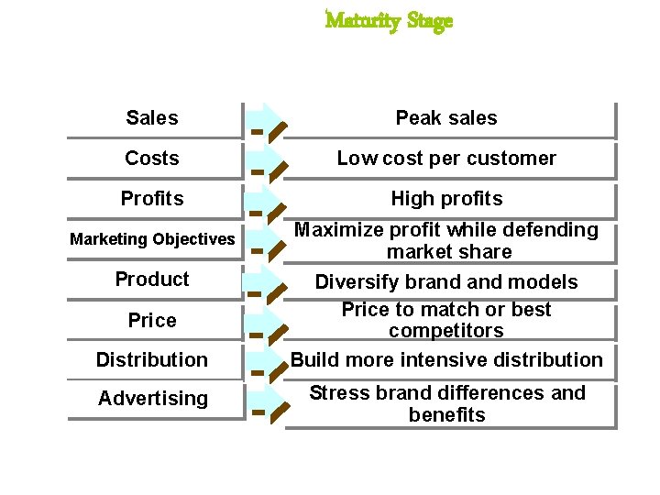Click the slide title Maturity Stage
pyautogui.click(x=389, y=20)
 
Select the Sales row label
pyautogui.click(x=152, y=118)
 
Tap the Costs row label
pyautogui.click(x=152, y=159)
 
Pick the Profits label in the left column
pyautogui.click(x=152, y=199)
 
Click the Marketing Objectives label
pyautogui.click(x=152, y=239)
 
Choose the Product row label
pyautogui.click(x=152, y=280)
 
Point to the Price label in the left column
pyautogui.click(x=152, y=320)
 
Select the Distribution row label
pyautogui.click(x=152, y=360)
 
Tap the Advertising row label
pyautogui.click(x=152, y=399)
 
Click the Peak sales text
pyautogui.click(x=446, y=118)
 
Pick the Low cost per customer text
pyautogui.click(x=446, y=159)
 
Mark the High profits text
pyautogui.click(x=446, y=199)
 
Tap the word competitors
pyautogui.click(x=446, y=331)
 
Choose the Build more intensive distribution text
pyautogui.click(x=446, y=360)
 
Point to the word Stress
pyautogui.click(x=336, y=393)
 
